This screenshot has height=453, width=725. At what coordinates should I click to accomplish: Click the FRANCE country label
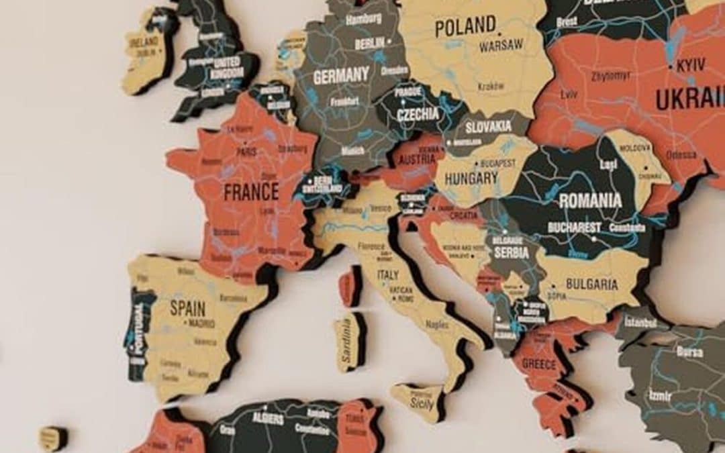(x=251, y=193)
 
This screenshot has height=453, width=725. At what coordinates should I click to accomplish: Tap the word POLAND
(x=465, y=27)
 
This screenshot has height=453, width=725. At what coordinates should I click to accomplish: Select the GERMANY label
(x=342, y=76)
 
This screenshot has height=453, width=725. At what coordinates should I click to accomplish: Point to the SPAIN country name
(x=187, y=308)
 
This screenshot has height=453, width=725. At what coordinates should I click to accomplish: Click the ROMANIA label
(x=590, y=200)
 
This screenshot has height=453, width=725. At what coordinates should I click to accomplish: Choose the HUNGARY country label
(x=471, y=179)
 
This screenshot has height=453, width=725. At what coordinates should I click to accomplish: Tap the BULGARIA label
(x=591, y=284)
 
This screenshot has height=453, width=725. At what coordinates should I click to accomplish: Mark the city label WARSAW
(x=501, y=46)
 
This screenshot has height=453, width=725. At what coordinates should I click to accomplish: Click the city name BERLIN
(x=369, y=44)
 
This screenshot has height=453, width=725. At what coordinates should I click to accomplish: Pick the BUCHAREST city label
(x=574, y=228)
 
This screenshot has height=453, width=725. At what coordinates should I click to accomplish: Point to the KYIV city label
(x=691, y=66)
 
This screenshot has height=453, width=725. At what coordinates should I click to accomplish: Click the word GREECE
(x=539, y=364)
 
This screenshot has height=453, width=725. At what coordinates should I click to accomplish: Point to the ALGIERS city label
(x=268, y=417)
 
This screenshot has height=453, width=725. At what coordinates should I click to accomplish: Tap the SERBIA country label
(x=512, y=253)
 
